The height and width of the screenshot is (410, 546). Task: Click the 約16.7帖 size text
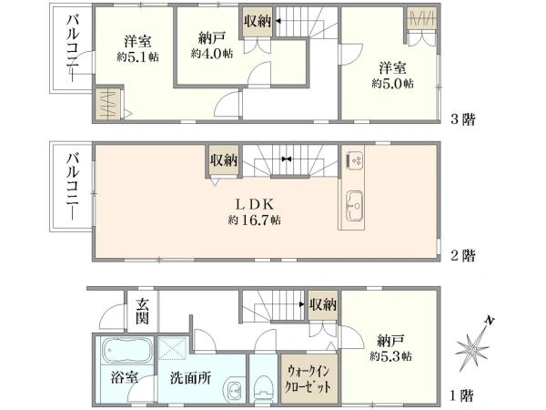pyautogui.click(x=254, y=220)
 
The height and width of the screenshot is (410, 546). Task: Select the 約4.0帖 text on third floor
pyautogui.click(x=211, y=54)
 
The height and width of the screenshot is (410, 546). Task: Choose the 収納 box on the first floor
pyautogui.click(x=322, y=304)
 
